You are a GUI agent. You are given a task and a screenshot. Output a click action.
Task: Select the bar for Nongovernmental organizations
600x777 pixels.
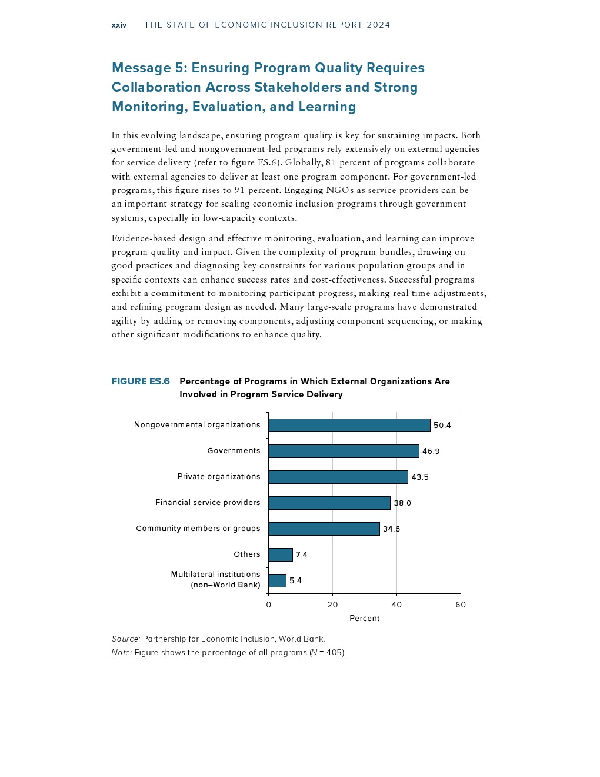point(349,425)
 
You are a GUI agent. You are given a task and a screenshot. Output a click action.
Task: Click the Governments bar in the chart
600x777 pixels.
point(344,451)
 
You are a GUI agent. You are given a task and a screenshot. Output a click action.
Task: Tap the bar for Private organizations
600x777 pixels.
point(338,477)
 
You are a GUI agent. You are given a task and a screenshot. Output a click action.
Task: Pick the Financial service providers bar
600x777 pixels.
point(329,503)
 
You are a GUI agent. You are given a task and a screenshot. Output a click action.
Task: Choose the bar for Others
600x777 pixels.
point(281,554)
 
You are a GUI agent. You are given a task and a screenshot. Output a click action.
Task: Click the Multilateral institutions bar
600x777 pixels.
point(278,580)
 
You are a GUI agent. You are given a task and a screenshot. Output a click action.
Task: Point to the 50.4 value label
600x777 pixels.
point(442,425)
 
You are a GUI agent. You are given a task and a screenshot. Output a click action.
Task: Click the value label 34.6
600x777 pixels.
point(391,529)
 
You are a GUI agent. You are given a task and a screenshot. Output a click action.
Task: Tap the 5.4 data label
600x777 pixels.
point(295,580)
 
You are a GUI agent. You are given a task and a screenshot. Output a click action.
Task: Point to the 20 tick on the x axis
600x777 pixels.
point(333,605)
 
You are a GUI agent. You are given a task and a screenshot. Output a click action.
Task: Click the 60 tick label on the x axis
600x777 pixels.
point(461,605)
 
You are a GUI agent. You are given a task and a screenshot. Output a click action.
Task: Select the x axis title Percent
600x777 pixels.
point(365,618)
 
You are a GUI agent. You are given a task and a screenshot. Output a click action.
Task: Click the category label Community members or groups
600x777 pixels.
point(198,528)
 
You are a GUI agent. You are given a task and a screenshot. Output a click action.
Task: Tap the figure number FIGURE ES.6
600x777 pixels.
point(141,381)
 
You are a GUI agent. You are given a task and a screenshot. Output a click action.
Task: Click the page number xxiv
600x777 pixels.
point(119,25)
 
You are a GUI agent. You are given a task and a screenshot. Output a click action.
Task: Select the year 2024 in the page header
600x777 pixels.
point(378,25)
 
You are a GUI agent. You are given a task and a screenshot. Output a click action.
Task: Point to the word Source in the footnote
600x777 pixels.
point(125,639)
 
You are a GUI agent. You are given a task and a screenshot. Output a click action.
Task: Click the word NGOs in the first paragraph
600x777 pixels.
point(339,190)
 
